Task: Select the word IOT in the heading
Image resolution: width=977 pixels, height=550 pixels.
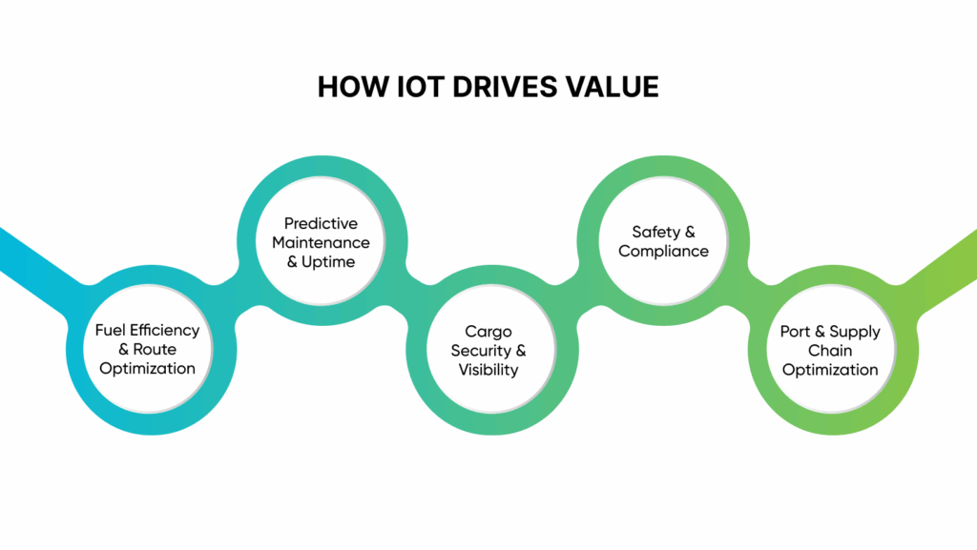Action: coord(415,87)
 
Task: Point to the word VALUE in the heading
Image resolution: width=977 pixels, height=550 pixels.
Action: coord(613,87)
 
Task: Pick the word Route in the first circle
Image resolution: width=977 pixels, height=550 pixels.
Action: coord(155,349)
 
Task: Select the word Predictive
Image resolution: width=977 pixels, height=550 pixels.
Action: coord(321,223)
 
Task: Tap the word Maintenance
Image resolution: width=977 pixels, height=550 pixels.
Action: coord(321,242)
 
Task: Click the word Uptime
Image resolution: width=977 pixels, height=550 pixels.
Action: coord(329,261)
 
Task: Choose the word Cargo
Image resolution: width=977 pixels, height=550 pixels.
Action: coord(488,332)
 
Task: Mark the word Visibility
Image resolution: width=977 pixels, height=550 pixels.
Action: coord(488,370)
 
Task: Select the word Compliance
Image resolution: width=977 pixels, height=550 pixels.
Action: coord(664,252)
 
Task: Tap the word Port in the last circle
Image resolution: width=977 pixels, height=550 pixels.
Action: coord(796,332)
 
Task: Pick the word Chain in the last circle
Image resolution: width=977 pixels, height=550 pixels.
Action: coord(830,351)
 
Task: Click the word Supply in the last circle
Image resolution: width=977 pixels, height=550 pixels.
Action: coord(855,332)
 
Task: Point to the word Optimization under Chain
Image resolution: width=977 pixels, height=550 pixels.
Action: coord(830,370)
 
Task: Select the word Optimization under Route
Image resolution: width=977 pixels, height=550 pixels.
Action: coord(147,368)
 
